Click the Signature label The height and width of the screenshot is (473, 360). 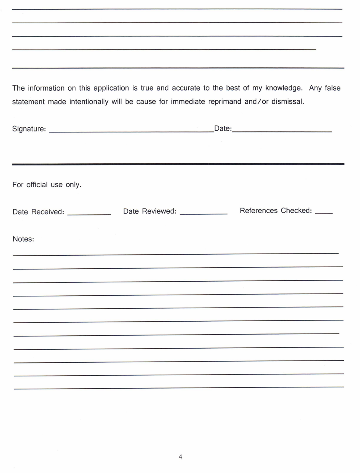point(29,129)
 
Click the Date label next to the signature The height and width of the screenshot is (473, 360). point(223,128)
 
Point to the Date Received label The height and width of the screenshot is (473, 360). point(38,212)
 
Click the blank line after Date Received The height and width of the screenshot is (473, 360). point(89,214)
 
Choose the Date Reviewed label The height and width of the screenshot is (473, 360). point(149,211)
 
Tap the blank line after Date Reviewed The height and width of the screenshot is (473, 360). point(203,213)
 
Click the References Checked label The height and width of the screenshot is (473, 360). point(276,211)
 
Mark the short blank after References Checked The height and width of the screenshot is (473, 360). point(324,212)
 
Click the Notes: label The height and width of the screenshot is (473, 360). point(23,239)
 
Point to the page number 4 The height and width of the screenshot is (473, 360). point(180,457)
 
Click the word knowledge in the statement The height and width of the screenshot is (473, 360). point(284,88)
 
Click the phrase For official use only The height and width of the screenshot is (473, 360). point(47,185)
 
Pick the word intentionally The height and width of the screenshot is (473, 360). point(89,101)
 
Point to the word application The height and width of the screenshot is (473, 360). point(111,88)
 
